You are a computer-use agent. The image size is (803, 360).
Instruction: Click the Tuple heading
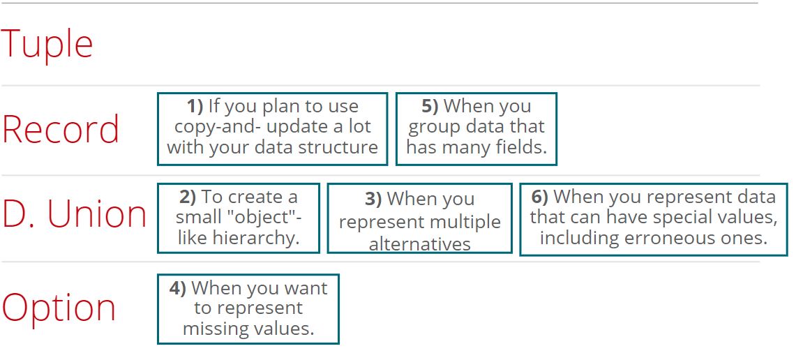click(x=47, y=45)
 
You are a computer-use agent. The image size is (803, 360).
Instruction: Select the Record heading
click(x=61, y=129)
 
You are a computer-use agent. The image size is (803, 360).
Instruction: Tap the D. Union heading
click(x=74, y=214)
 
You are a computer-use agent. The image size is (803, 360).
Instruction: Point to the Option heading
click(x=59, y=308)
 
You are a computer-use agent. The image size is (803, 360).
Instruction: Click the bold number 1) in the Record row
click(x=195, y=106)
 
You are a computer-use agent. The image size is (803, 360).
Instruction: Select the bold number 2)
click(x=188, y=197)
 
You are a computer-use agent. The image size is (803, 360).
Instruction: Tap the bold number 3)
click(x=373, y=200)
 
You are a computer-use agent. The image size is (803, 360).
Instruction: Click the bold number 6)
click(x=540, y=197)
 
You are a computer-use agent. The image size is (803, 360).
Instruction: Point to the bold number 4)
click(x=178, y=288)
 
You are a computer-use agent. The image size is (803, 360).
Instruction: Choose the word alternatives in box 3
click(x=419, y=244)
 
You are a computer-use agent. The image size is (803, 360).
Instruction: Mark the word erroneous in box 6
click(x=673, y=238)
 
